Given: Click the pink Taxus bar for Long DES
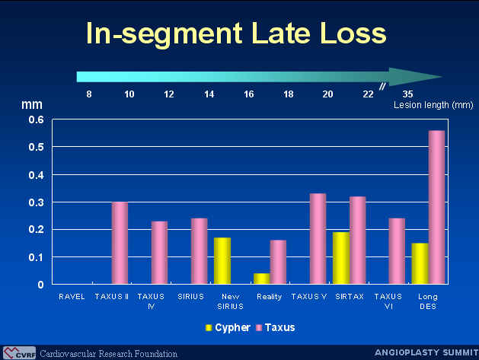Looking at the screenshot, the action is click(x=436, y=207).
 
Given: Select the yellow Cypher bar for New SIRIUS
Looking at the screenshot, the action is click(x=222, y=261).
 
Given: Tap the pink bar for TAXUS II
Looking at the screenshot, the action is click(x=120, y=243).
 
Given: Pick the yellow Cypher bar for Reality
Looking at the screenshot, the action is click(x=262, y=279).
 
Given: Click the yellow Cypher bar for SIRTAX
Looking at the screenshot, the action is click(x=341, y=258).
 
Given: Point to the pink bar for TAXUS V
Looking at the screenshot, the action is click(x=318, y=239).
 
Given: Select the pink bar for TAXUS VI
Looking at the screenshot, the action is click(x=397, y=251).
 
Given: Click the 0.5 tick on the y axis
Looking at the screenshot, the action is click(x=37, y=147).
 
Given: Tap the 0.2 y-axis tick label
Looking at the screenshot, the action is click(x=37, y=229).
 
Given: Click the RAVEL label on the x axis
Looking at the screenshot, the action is click(x=72, y=297).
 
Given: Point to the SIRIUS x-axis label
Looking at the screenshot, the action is click(x=190, y=297).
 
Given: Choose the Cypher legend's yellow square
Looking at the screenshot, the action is click(x=209, y=327).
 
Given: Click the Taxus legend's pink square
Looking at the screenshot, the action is click(x=259, y=327).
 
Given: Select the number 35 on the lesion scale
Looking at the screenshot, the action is click(x=407, y=94).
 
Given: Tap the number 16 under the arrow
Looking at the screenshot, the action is click(x=249, y=94).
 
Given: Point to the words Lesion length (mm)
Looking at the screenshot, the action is click(x=433, y=105).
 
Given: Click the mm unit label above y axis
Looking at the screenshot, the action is click(x=32, y=105).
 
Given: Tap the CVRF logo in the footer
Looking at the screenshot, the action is click(x=19, y=352).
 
